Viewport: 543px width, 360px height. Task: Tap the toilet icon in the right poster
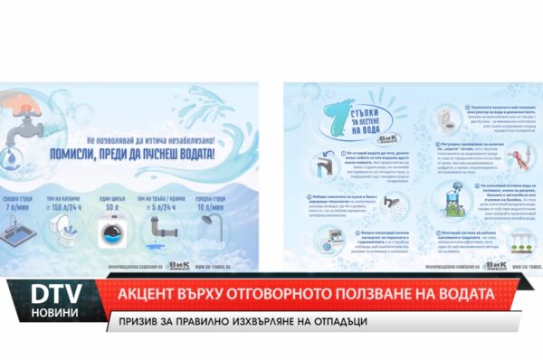click(446, 119)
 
